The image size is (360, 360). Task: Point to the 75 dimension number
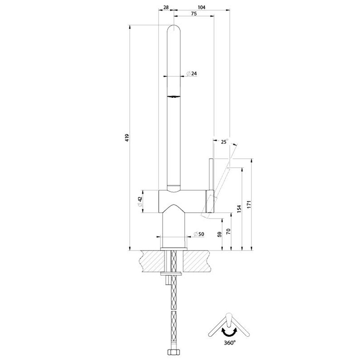[194, 14]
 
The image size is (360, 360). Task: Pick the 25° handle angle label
[224, 142]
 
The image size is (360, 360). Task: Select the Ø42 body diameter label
[140, 201]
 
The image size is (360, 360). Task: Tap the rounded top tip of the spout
[174, 28]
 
